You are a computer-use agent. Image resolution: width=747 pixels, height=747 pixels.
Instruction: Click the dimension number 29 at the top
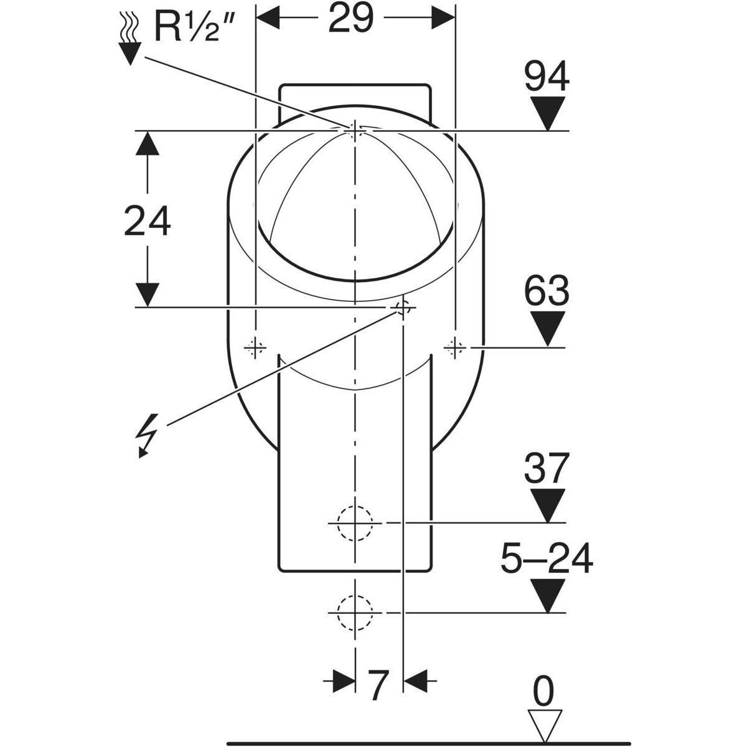pyautogui.click(x=351, y=19)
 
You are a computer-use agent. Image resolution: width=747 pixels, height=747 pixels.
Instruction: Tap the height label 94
pyautogui.click(x=547, y=78)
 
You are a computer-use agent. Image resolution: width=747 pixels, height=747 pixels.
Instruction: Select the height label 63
pyautogui.click(x=547, y=290)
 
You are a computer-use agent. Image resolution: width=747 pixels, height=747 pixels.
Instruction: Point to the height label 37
pyautogui.click(x=547, y=467)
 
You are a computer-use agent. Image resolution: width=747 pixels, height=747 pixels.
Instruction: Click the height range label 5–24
pyautogui.click(x=547, y=559)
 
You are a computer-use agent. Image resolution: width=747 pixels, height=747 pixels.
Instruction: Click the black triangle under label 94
pyautogui.click(x=547, y=113)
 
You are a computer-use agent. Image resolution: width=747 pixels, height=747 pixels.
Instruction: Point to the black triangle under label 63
pyautogui.click(x=547, y=327)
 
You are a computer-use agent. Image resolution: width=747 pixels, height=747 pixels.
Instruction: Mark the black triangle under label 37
pyautogui.click(x=547, y=505)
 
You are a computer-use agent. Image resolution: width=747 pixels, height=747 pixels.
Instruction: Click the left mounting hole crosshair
pyautogui.click(x=255, y=346)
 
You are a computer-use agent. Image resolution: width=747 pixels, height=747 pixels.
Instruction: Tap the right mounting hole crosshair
pyautogui.click(x=455, y=346)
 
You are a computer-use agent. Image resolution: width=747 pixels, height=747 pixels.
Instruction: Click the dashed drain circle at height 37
pyautogui.click(x=355, y=523)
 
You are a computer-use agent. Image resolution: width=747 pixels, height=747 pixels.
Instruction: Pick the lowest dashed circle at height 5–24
pyautogui.click(x=355, y=613)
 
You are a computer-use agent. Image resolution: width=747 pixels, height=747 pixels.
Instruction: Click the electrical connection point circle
pyautogui.click(x=403, y=308)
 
